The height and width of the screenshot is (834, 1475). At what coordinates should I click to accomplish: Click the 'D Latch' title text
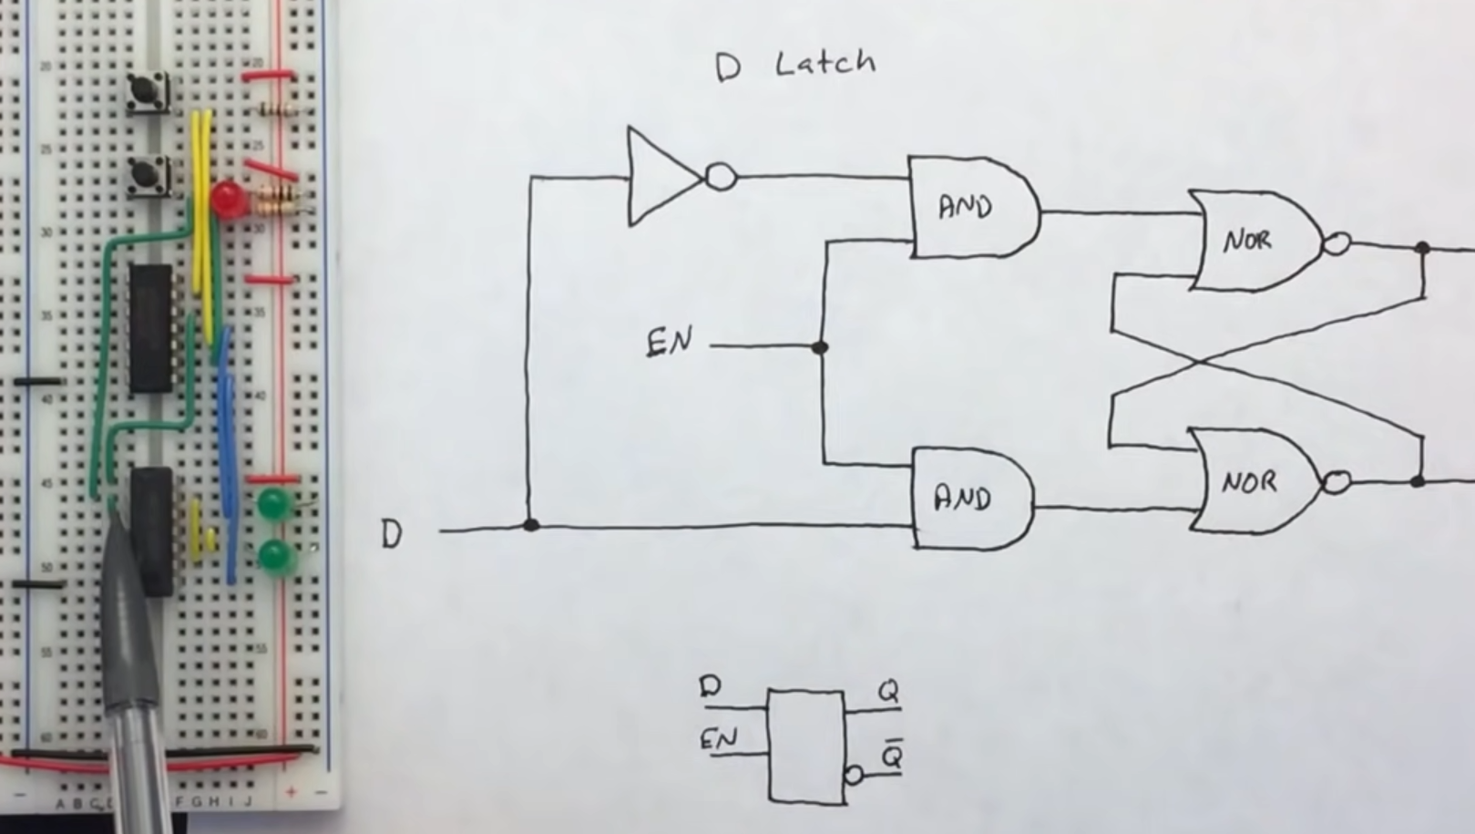795,65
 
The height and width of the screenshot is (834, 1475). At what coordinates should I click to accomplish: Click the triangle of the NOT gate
660,176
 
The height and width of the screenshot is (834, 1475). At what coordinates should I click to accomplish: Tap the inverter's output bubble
721,176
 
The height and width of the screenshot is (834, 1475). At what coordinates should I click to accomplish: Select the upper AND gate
971,207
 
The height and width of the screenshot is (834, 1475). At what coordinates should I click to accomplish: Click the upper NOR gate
1253,241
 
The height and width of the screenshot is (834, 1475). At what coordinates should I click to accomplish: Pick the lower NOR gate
1253,481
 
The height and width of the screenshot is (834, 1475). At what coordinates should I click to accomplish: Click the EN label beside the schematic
670,344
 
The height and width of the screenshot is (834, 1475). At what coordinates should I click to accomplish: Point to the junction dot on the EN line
819,346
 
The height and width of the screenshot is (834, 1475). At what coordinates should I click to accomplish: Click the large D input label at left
391,534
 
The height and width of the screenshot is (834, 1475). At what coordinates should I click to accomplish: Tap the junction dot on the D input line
531,525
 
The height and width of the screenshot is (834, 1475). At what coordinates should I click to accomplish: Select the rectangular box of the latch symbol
805,746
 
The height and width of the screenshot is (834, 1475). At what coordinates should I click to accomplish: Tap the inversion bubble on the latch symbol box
853,775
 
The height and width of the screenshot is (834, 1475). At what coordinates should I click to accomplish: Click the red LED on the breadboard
226,198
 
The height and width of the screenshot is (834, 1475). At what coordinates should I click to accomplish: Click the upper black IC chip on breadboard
150,328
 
